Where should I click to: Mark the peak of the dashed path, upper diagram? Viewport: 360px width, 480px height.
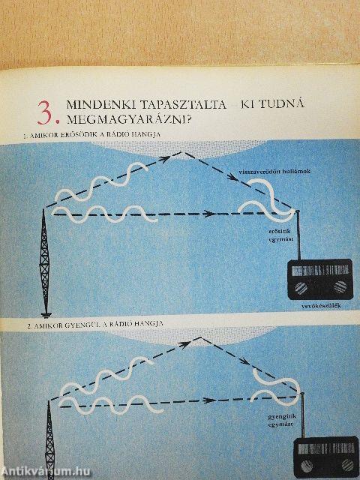click(x=180, y=153)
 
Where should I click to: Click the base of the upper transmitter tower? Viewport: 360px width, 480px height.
click(x=46, y=313)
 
